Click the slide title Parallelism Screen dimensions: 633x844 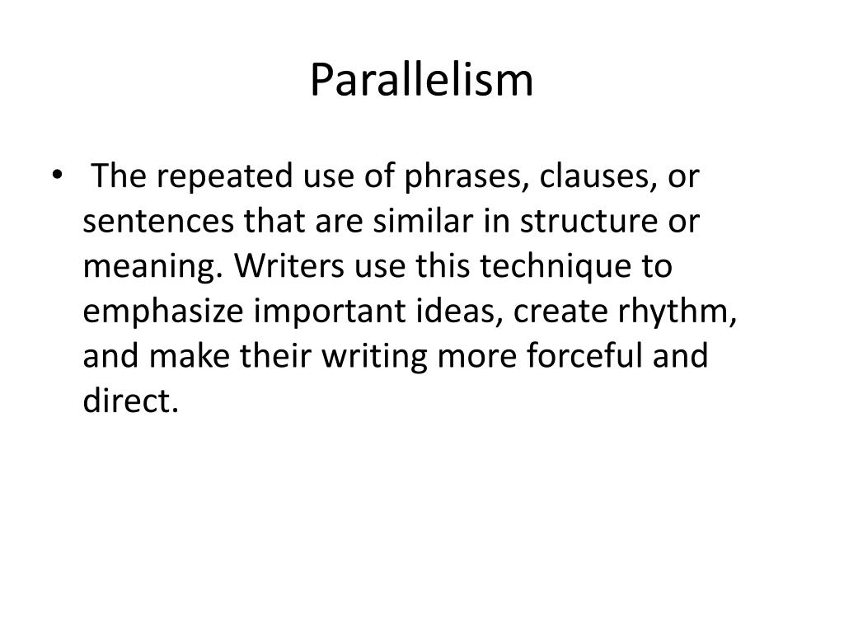click(x=422, y=81)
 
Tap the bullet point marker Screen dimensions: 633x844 click(x=56, y=176)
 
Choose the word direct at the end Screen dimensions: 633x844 click(x=129, y=403)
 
